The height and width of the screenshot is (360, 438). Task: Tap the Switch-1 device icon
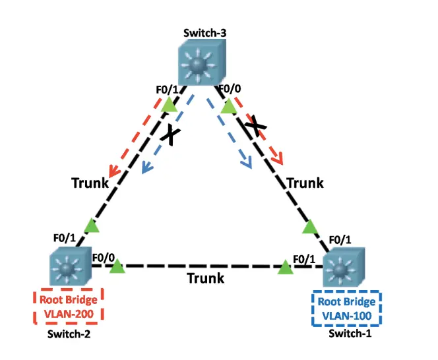tap(344, 268)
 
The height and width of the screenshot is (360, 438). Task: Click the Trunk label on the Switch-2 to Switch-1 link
tap(205, 278)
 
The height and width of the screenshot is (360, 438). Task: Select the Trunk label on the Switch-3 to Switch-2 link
tap(90, 183)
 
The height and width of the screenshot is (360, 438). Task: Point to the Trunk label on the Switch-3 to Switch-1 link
tap(304, 183)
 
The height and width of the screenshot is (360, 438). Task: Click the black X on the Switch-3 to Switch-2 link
tap(170, 135)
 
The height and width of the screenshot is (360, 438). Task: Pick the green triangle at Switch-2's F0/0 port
tap(117, 266)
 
